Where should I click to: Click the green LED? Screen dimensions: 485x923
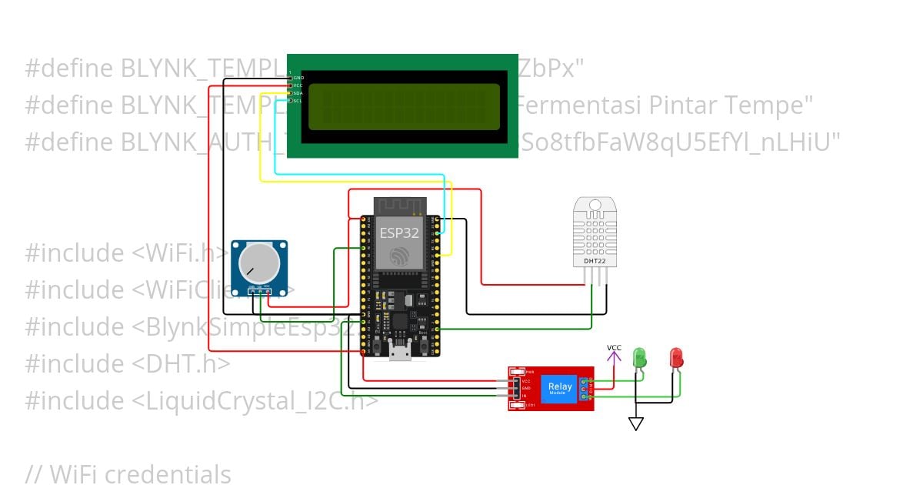coord(638,357)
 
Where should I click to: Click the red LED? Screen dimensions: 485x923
coord(676,357)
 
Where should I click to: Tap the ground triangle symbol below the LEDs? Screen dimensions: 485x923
coord(635,423)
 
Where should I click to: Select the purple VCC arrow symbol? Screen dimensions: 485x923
coord(614,356)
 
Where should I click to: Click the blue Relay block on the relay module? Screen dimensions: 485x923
coord(559,388)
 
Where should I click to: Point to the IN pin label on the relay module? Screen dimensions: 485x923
coord(525,396)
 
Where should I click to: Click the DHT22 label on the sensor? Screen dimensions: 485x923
coord(595,260)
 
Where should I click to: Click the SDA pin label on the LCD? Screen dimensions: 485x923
coord(297,92)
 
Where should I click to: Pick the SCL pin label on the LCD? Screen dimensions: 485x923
coord(297,100)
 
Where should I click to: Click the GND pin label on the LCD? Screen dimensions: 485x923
coord(298,78)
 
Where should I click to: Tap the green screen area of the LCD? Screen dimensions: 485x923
coord(404,106)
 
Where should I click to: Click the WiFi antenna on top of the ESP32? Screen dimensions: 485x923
coord(400,206)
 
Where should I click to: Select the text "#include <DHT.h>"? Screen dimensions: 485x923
coord(127,364)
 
